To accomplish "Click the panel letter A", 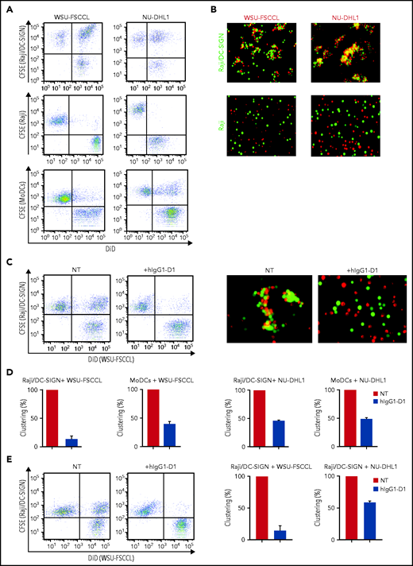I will point(7,8).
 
